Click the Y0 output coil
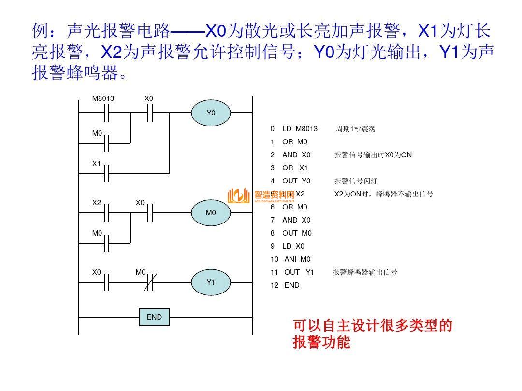[x=211, y=113]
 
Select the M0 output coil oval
[x=211, y=213]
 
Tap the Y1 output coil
[x=211, y=282]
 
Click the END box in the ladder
[x=154, y=317]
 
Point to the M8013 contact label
[x=103, y=98]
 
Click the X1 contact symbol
[x=107, y=172]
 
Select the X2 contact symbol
[x=107, y=212]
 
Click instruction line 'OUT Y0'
[x=296, y=181]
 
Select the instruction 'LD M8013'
[x=299, y=129]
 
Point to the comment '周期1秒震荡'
[x=355, y=129]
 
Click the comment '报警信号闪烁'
[x=356, y=181]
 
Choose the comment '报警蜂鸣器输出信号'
[x=365, y=272]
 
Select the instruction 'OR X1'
[x=295, y=168]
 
